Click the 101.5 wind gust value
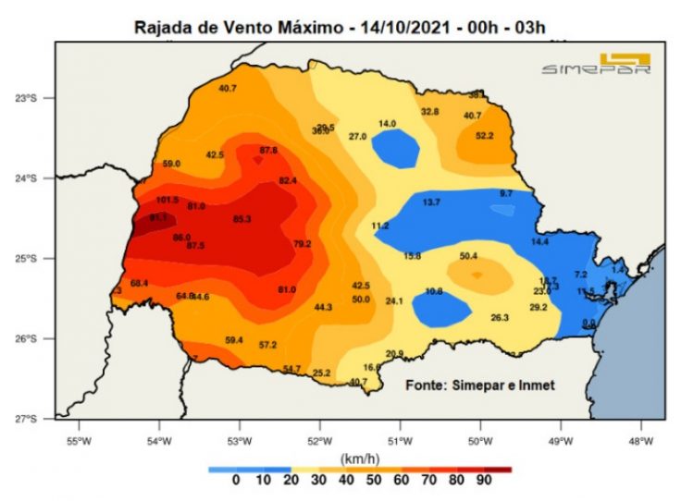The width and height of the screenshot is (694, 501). (x=167, y=200)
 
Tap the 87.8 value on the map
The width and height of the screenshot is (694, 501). (x=268, y=150)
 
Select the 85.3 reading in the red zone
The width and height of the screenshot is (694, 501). (x=242, y=219)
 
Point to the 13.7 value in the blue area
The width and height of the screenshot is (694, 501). (x=431, y=202)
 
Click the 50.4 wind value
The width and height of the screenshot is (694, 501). (x=468, y=256)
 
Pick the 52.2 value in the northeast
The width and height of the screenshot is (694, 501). (x=484, y=136)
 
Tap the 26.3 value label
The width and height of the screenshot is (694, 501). (x=500, y=318)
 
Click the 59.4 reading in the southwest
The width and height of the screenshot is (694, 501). (x=234, y=340)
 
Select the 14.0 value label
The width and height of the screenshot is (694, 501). (x=387, y=124)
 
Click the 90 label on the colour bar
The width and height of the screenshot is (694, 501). (x=483, y=480)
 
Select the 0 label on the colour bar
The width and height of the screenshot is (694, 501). (x=236, y=480)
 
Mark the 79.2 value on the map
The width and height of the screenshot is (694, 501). (x=303, y=244)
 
